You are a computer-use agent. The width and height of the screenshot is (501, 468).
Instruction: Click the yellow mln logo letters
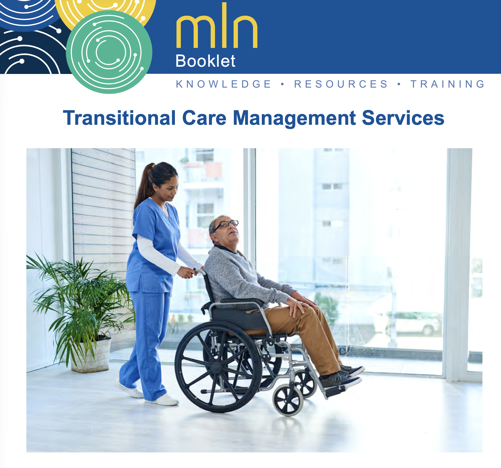[x=217, y=25]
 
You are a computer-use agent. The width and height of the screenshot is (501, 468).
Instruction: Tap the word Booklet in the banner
[x=205, y=61]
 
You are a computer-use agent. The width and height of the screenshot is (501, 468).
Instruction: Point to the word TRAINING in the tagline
[x=447, y=84]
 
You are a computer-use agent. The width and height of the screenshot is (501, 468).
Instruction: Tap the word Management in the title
[x=294, y=119]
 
